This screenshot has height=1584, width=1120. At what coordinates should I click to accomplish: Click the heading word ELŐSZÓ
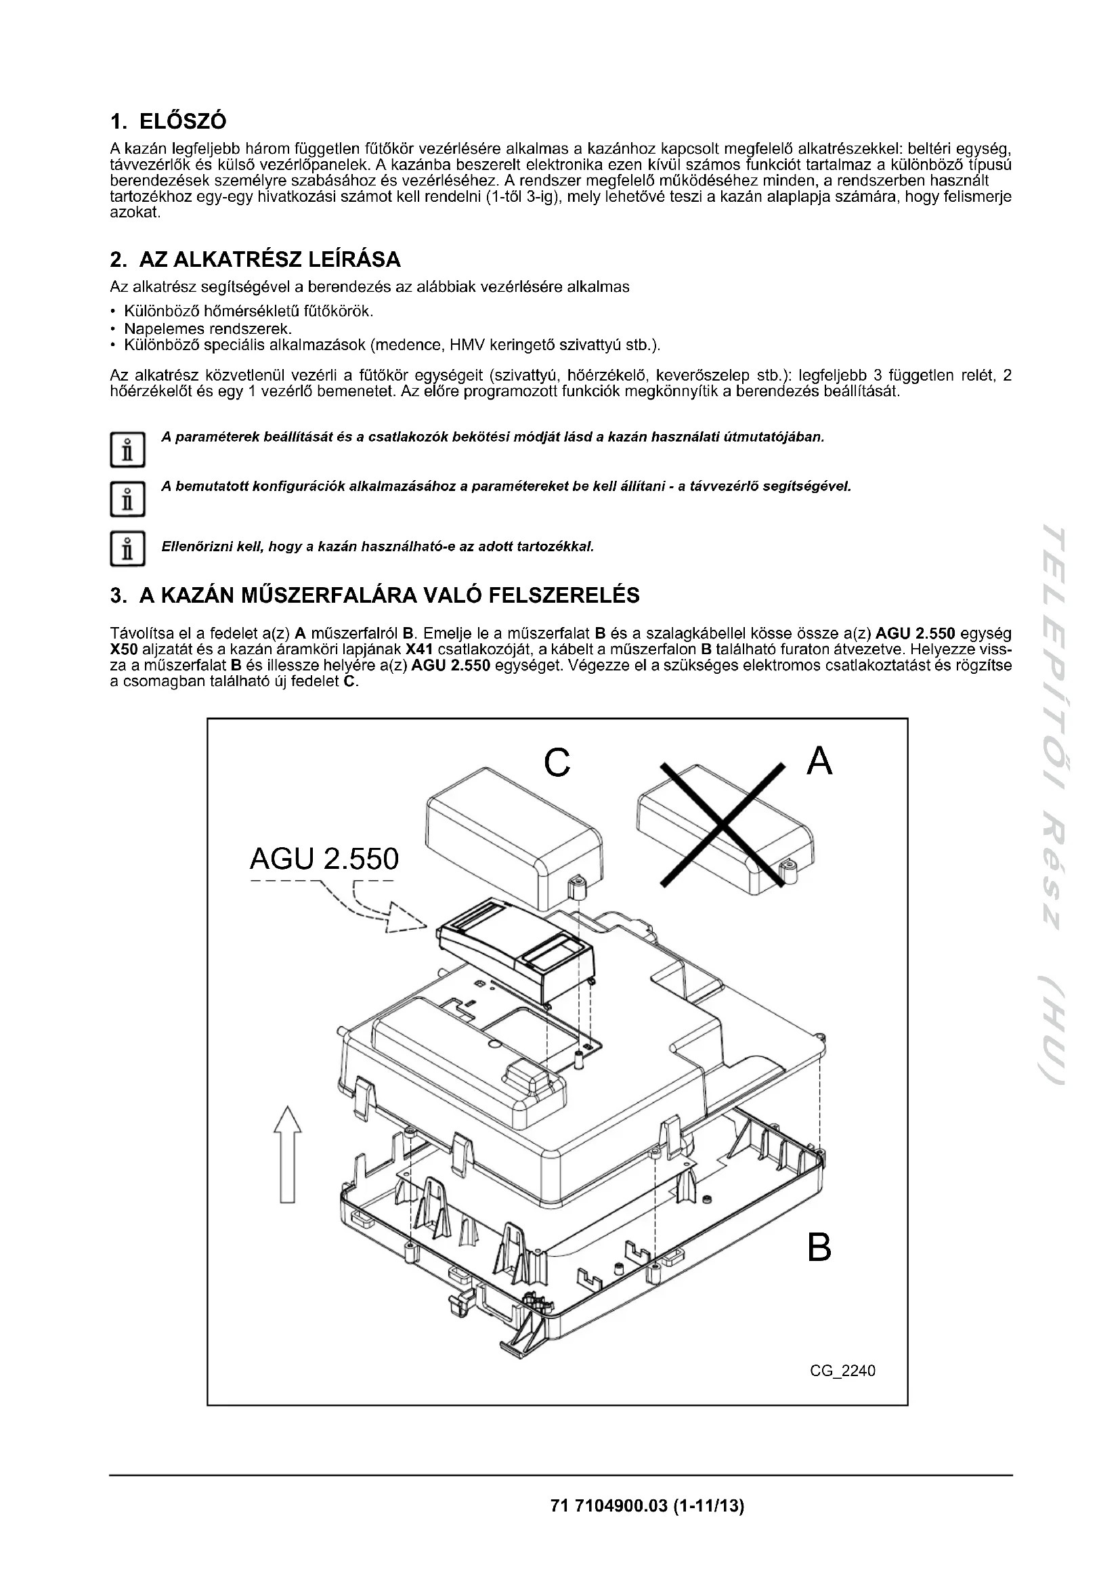[183, 121]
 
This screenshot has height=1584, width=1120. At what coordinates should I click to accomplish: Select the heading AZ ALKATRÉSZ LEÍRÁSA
[270, 260]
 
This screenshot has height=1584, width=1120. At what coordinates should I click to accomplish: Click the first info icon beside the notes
[127, 450]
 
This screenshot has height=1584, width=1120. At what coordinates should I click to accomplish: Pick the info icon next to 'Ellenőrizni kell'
[127, 549]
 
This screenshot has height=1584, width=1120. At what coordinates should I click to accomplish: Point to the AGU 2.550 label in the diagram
[324, 859]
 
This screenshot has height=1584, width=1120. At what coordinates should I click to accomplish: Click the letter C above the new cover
[557, 763]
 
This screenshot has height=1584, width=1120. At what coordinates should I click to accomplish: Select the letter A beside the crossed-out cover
[819, 762]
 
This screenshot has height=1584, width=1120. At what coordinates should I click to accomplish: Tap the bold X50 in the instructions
[123, 650]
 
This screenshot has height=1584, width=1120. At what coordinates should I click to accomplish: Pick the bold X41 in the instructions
[419, 650]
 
